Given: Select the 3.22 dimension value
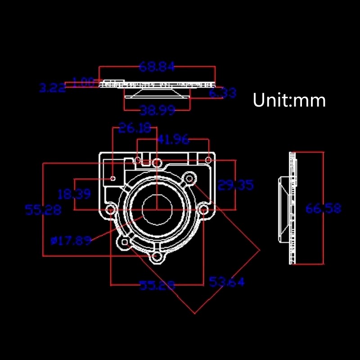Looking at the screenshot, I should [52, 88].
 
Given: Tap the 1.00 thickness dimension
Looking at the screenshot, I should [83, 82].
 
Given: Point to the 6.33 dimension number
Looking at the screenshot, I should [222, 93].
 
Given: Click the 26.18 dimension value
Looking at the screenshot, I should [135, 128].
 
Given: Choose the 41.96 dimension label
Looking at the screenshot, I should [173, 139].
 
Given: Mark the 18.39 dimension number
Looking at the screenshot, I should [74, 194].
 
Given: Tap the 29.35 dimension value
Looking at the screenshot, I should [235, 185].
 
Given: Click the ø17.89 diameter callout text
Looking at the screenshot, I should [71, 241].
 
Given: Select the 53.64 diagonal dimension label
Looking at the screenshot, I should [227, 282].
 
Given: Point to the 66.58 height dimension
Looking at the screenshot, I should [323, 208].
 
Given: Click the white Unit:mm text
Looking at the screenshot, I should [289, 100].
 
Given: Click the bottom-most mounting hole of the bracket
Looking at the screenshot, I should [157, 257].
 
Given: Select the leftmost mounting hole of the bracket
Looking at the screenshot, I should [110, 210].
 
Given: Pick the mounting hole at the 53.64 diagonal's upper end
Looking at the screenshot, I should [190, 179].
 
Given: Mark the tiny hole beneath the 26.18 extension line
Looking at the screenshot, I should [113, 179].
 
